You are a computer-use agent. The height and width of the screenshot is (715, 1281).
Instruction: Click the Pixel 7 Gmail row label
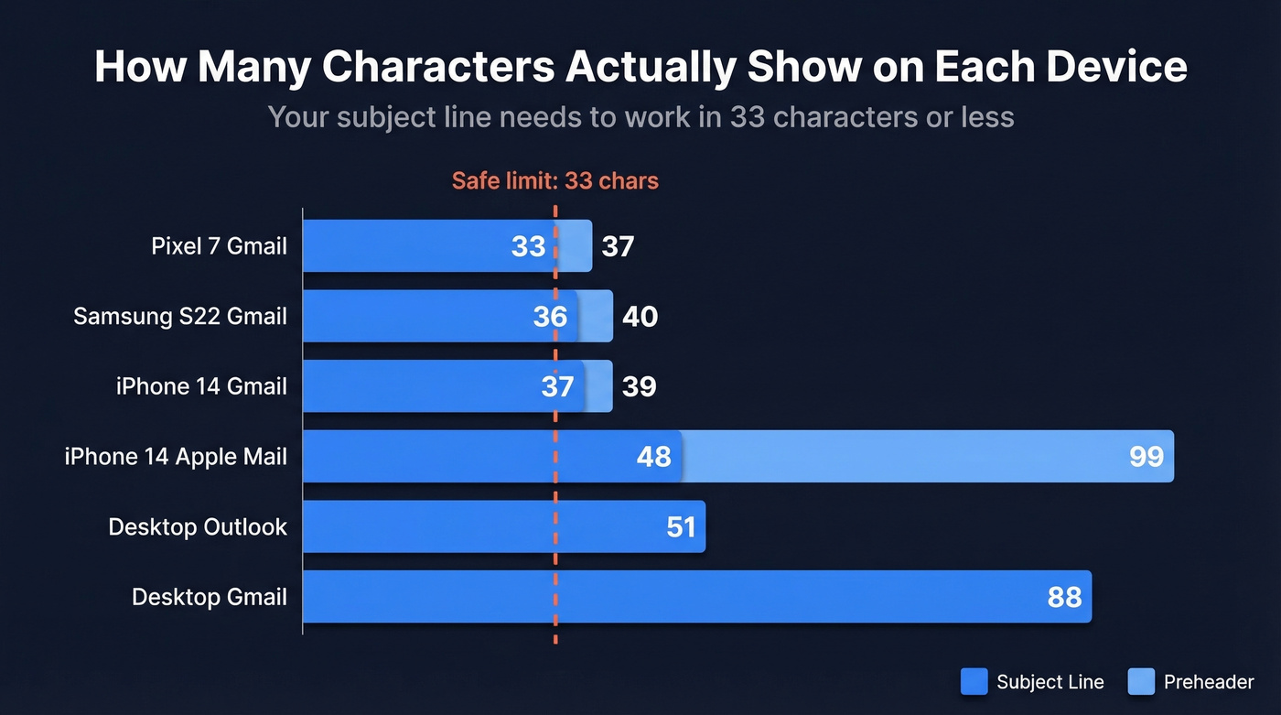219,246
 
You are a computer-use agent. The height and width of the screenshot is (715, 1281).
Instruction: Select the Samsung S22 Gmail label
180,317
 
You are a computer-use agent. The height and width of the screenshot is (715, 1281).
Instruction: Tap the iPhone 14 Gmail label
201,386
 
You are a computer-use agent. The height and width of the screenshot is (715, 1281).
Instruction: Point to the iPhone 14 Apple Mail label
176,457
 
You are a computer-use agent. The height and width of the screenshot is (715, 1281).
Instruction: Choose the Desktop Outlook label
198,527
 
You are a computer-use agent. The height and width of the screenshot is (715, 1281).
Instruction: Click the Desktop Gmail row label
210,597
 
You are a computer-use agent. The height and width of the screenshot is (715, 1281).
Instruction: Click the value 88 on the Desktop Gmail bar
1064,598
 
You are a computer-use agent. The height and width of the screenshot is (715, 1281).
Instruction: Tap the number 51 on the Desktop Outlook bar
681,527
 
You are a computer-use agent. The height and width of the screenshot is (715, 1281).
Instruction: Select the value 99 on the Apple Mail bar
1146,457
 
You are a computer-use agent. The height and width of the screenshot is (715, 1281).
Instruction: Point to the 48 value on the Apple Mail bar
653,457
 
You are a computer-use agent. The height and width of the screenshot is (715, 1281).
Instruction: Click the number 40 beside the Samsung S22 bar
640,317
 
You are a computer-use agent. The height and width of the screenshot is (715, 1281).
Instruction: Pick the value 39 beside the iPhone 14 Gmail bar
639,386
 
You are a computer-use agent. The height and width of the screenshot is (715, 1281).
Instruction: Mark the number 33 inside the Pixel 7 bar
528,246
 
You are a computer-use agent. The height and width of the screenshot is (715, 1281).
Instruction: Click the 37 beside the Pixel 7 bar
618,246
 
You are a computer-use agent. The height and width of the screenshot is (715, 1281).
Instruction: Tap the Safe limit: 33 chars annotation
555,180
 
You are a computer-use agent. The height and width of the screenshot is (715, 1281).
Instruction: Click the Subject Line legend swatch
974,681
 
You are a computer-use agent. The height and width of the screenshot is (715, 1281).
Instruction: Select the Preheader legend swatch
1142,681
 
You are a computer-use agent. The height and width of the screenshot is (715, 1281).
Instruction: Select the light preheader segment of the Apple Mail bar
915,457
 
